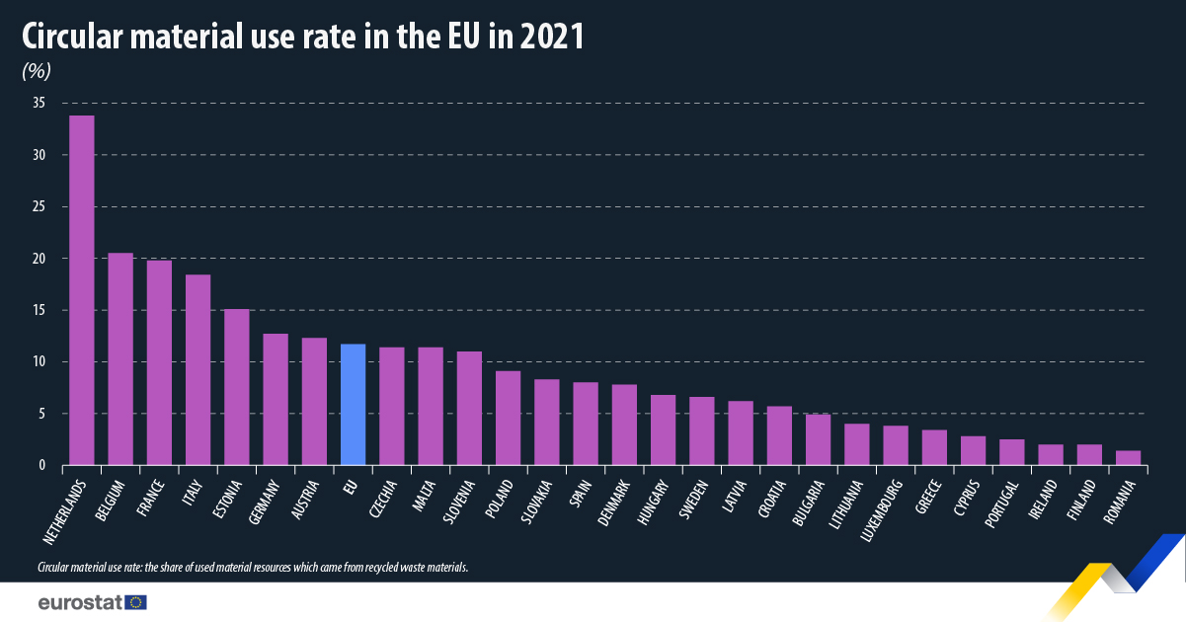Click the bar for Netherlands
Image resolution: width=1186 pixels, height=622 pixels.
(x=81, y=290)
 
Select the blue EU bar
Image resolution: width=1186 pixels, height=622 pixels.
(x=353, y=404)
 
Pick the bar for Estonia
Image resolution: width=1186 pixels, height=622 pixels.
(x=236, y=387)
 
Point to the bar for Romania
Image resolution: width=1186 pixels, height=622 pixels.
(x=1128, y=457)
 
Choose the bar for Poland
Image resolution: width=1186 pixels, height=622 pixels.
(x=508, y=418)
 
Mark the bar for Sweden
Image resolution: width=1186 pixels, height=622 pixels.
(x=701, y=430)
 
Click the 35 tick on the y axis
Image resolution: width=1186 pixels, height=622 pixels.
(x=39, y=103)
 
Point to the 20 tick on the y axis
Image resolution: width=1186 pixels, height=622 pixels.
(x=39, y=259)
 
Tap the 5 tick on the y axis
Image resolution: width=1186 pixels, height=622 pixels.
(x=41, y=414)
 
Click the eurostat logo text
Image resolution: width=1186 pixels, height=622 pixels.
(x=80, y=601)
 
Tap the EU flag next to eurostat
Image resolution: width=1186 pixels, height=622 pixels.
(x=136, y=601)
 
